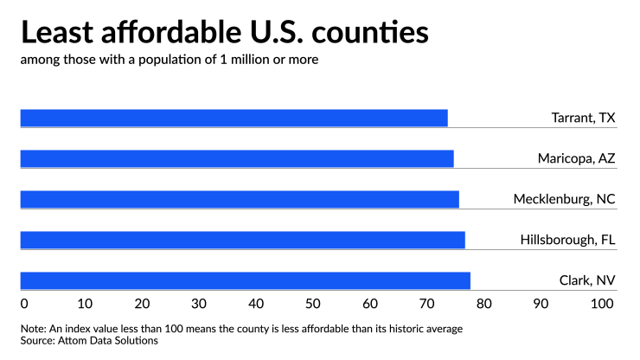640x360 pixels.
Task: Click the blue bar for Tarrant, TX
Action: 234,118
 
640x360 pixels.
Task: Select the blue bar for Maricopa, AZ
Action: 236,158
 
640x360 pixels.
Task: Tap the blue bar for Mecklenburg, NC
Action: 239,199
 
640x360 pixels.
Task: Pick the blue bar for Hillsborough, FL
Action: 242,240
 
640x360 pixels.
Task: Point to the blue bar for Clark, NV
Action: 245,280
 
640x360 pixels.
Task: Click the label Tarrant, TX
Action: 583,118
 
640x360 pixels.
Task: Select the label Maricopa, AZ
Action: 576,158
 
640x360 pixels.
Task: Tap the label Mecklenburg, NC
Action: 564,199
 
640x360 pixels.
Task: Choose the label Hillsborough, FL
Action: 567,240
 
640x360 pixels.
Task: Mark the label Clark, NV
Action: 586,280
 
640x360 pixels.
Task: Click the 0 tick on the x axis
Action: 24,304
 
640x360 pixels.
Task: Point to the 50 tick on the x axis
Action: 313,304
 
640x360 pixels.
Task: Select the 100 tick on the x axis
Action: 601,304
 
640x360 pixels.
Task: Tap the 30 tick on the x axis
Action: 199,304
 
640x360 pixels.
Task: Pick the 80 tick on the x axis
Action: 487,304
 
